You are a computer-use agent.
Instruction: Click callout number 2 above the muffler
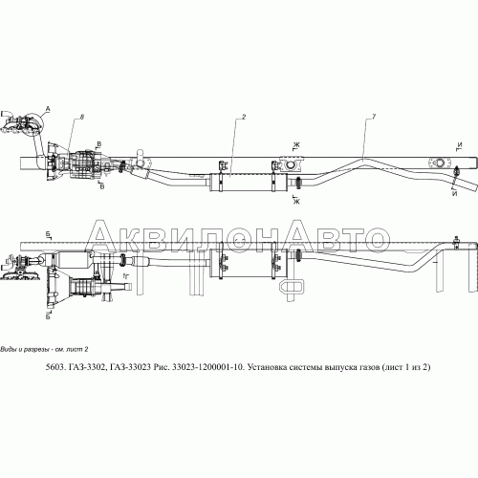coord(245,117)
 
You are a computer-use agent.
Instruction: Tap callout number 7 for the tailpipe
coord(372,117)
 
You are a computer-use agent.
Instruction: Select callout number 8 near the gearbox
coord(82,117)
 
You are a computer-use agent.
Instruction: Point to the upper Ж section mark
coord(297,144)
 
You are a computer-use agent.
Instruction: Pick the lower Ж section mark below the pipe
coord(297,201)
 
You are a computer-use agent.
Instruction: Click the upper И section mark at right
coord(460,144)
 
